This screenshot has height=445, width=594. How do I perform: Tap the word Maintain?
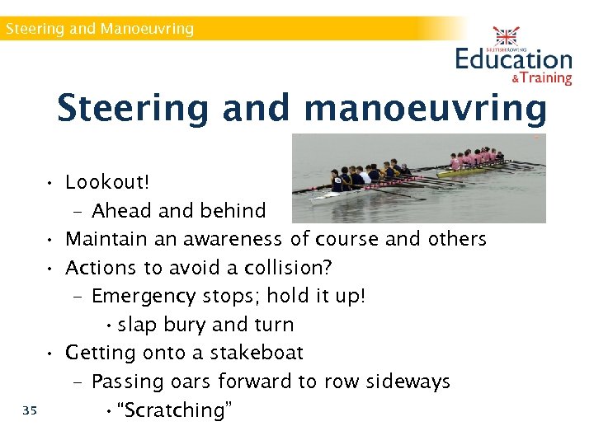click(x=106, y=239)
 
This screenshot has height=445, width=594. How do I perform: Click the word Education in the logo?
click(x=513, y=59)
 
